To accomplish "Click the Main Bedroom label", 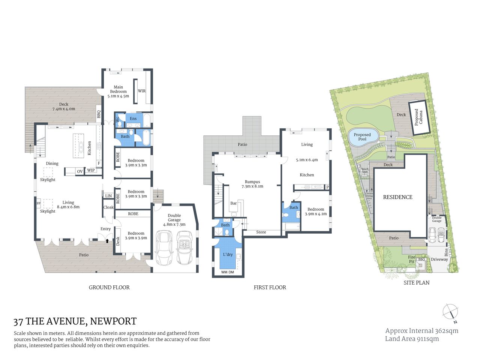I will (118, 89).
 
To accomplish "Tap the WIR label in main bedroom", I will (141, 91).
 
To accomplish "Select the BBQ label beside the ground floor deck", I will (99, 114).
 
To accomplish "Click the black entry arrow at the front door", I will (107, 241).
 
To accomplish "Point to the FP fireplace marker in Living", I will (38, 204).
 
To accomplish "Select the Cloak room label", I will (108, 207).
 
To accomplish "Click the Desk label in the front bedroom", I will (118, 241).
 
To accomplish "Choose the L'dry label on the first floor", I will (228, 255).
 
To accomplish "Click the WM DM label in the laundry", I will (227, 272).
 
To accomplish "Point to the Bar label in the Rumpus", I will (233, 203).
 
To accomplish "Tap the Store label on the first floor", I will (261, 232).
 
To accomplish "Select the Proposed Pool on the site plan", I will (362, 137).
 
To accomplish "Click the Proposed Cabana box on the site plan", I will (418, 117).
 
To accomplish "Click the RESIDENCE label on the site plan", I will (397, 197).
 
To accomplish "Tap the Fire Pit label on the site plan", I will (412, 259).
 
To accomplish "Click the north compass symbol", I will (450, 312).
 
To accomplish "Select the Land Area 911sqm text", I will (412, 339).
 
